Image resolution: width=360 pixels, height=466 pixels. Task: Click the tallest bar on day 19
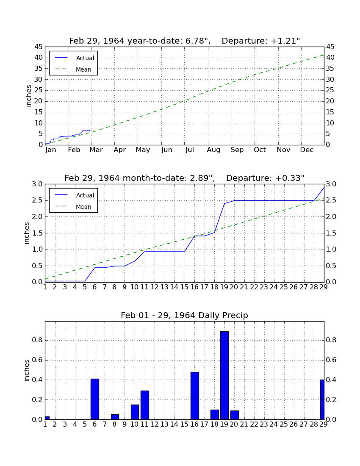(x=224, y=375)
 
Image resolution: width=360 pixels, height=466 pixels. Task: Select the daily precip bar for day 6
(x=95, y=399)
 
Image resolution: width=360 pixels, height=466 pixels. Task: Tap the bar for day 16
(x=194, y=396)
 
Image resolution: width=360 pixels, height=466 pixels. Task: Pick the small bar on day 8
(x=115, y=417)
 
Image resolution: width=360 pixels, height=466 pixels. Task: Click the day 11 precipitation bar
(x=145, y=405)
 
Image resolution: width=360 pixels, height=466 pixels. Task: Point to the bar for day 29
(x=322, y=399)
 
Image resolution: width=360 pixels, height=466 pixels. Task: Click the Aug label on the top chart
(x=213, y=150)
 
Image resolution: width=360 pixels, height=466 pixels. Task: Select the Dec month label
(x=307, y=150)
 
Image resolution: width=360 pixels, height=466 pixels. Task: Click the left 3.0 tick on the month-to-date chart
(x=37, y=184)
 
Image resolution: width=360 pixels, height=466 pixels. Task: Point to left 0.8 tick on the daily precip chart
(x=37, y=340)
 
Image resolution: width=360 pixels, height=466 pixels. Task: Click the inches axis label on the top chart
(x=28, y=96)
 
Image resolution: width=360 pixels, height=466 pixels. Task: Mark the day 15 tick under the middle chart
(x=185, y=287)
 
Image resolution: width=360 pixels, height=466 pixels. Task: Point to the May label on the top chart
(x=143, y=150)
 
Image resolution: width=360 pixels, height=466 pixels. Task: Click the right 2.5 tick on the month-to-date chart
(x=331, y=201)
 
